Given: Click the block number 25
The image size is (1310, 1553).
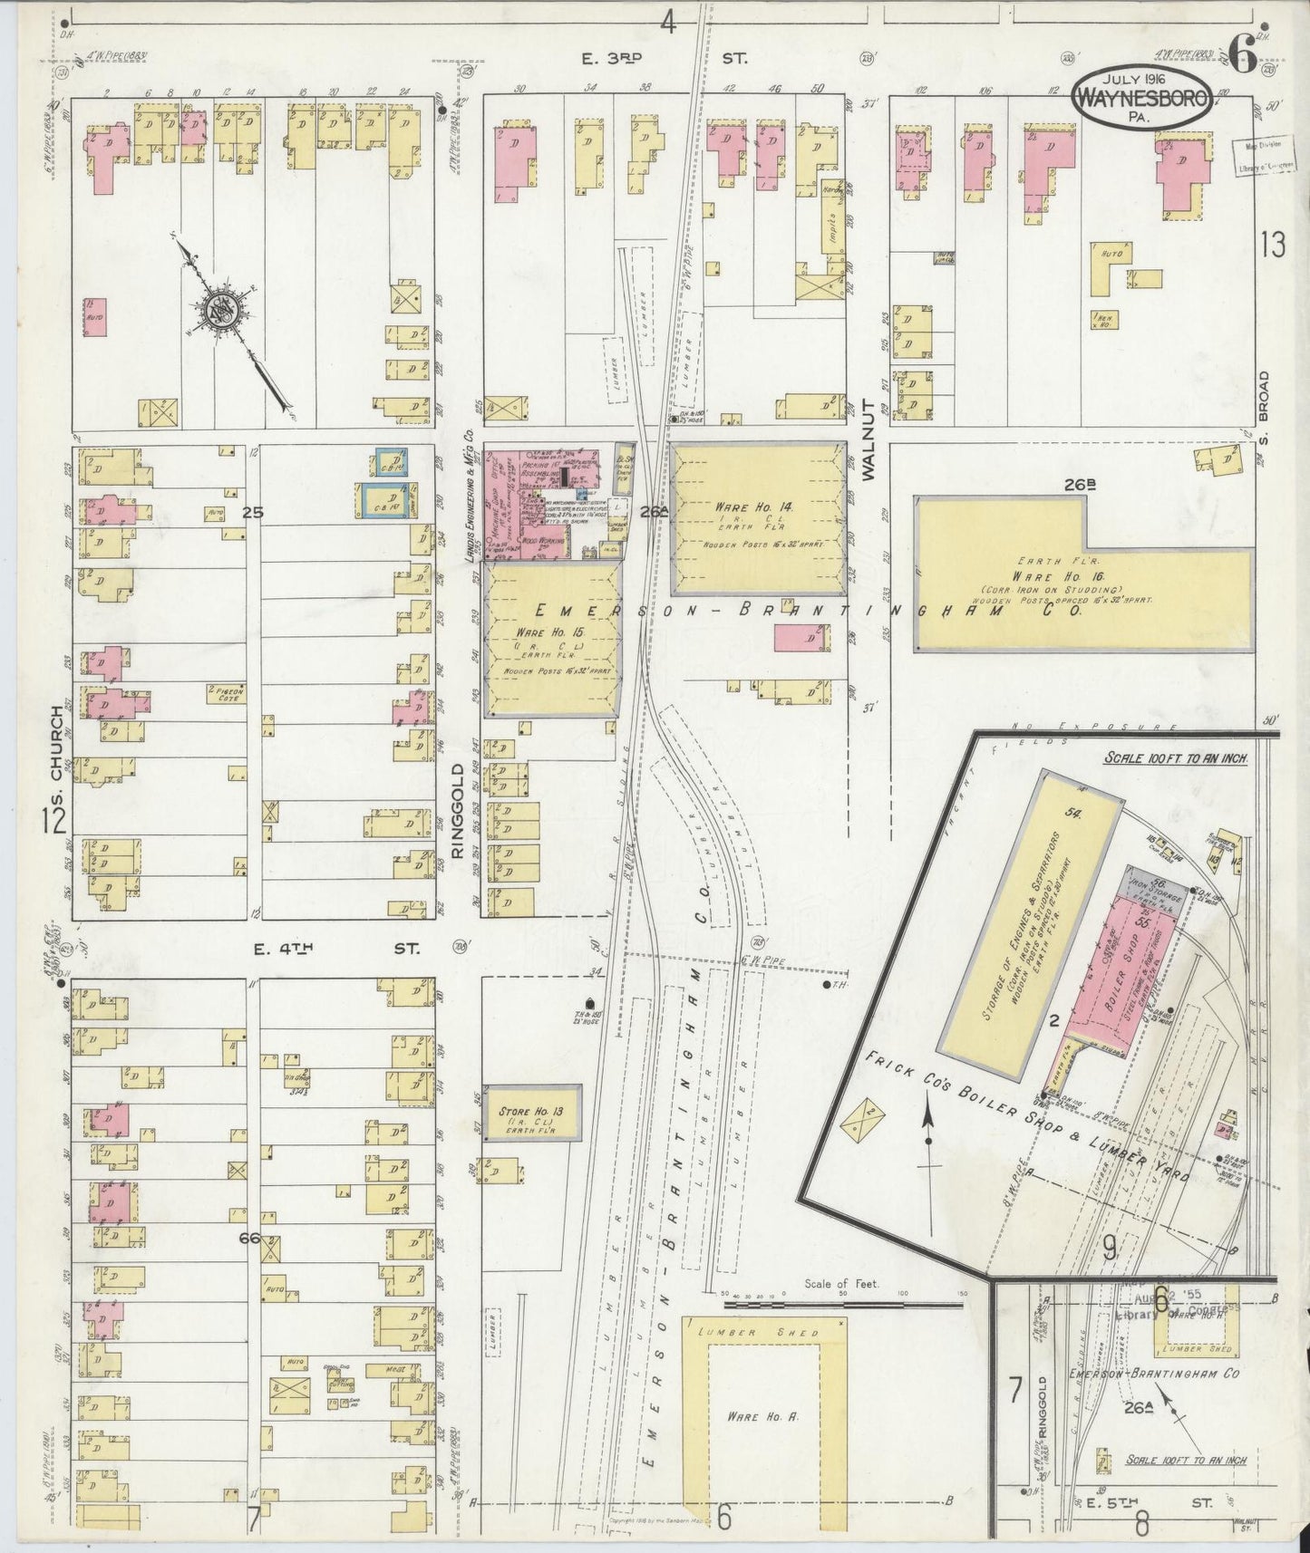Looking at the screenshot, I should [x=253, y=513].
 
